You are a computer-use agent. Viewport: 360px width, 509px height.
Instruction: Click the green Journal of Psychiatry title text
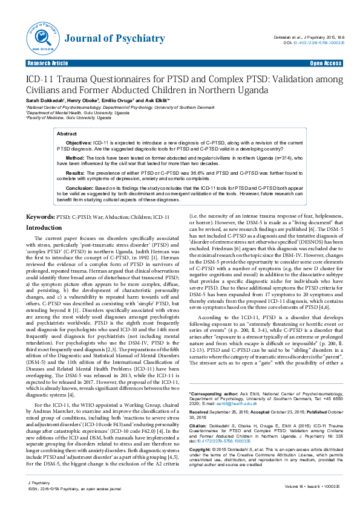pyautogui.click(x=114, y=39)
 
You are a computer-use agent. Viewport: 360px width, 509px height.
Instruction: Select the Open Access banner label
pyautogui.click(x=326, y=63)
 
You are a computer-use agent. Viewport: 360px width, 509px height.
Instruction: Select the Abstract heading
pyautogui.click(x=67, y=133)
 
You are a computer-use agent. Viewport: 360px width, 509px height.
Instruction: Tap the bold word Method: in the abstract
pyautogui.click(x=76, y=157)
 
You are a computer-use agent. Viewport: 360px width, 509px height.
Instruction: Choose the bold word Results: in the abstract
pyautogui.click(x=76, y=172)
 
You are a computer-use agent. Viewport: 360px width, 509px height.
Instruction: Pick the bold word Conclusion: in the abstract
pyautogui.click(x=80, y=187)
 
